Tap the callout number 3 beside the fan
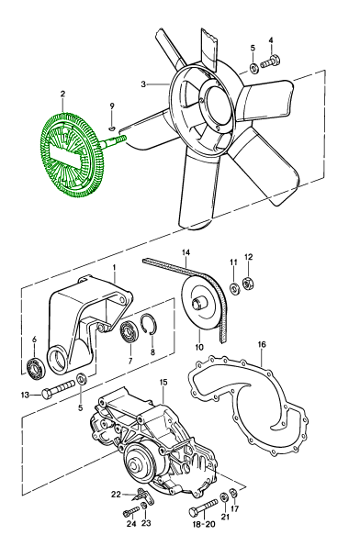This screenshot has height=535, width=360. point(143,84)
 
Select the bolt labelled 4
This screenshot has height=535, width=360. point(271,62)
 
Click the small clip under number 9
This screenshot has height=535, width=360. point(112,128)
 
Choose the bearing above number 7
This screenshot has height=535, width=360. point(129,330)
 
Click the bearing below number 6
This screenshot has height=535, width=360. point(36,368)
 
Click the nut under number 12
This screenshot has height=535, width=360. point(248,284)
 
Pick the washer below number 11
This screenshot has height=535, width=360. point(234,288)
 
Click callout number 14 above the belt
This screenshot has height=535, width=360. point(186,253)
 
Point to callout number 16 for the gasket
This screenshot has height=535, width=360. point(262,345)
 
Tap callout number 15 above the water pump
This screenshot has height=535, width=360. point(163,382)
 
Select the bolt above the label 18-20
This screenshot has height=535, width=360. point(203,507)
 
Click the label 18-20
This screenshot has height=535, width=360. point(205,524)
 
